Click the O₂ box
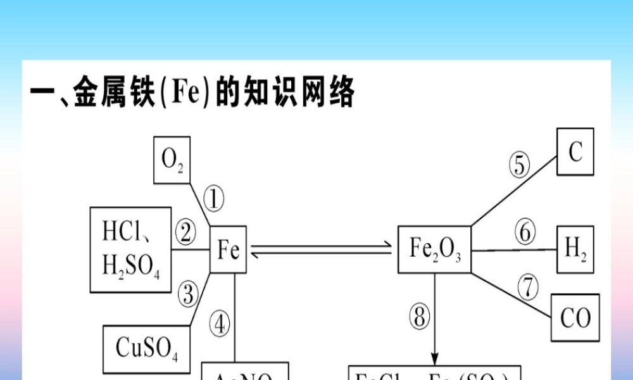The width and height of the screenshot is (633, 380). point(172,160)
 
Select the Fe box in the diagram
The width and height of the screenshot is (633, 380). point(228,250)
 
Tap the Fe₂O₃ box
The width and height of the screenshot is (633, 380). point(434,250)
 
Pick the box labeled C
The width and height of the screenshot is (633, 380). point(575,152)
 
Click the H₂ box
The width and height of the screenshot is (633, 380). point(575,250)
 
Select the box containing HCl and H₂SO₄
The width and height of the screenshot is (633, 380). point(131,250)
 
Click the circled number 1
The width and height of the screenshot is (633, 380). point(214,201)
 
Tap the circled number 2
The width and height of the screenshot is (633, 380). point(185,233)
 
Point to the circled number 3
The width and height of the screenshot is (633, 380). point(187,293)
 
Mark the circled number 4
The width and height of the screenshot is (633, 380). point(220,325)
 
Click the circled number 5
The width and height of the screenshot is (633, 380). point(520,165)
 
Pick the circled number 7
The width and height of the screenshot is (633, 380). point(527,286)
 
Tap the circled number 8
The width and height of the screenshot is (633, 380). point(418,317)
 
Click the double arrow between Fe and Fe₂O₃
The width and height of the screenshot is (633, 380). point(322,250)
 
